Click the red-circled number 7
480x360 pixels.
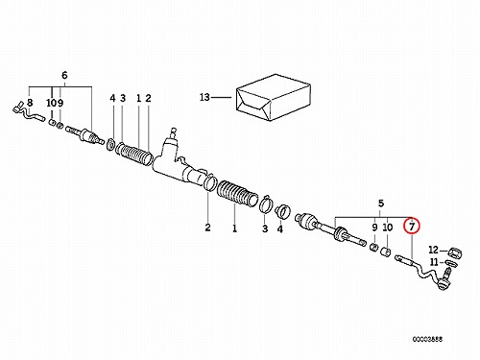(412, 227)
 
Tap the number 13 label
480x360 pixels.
(204, 97)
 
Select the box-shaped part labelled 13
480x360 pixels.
(274, 98)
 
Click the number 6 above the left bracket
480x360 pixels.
(64, 76)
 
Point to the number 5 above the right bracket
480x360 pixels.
(381, 204)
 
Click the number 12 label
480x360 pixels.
(433, 250)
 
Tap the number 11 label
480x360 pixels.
(434, 262)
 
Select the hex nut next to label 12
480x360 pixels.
(455, 252)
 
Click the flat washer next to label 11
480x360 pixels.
(450, 263)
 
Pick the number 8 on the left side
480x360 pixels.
(30, 103)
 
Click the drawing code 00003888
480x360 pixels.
(427, 339)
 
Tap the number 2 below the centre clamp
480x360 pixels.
(208, 228)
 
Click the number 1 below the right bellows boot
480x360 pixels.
(234, 228)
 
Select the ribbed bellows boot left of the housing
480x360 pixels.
(134, 155)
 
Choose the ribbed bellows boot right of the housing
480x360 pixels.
(237, 193)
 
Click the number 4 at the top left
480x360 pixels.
(112, 98)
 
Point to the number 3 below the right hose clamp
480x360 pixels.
(265, 228)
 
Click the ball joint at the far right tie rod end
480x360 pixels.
(444, 282)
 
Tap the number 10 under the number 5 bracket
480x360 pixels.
(388, 228)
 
